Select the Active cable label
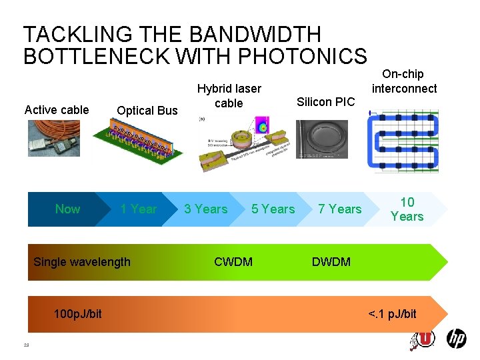[57, 110]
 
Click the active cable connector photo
[53, 141]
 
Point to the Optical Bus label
[147, 111]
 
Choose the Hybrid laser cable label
[229, 95]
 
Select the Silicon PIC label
[326, 102]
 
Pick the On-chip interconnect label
[404, 81]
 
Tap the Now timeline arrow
[67, 209]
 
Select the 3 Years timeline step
[206, 209]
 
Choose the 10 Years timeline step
[407, 209]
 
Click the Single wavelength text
[82, 262]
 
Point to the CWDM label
[233, 262]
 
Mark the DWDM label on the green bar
[331, 262]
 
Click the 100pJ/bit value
[78, 314]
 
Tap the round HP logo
[456, 339]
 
